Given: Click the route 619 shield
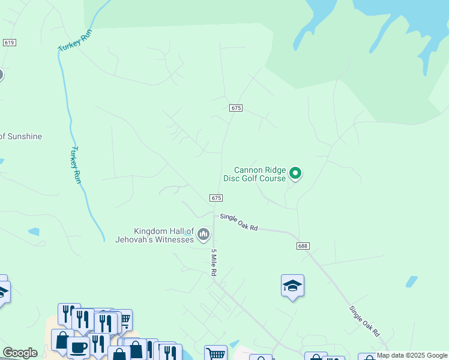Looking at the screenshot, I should click(x=9, y=43).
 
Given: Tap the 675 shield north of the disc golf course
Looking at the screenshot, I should click(x=235, y=108).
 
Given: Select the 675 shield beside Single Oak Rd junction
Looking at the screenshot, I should click(x=217, y=198).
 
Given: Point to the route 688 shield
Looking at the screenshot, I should click(x=303, y=246).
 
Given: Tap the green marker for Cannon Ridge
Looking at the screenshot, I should click(x=295, y=173).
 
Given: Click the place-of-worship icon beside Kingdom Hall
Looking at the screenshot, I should click(x=204, y=233).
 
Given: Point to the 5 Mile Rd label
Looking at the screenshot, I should click(x=213, y=262).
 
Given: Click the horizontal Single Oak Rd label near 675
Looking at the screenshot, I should click(x=238, y=223).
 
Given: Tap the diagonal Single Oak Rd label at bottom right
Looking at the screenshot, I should click(x=365, y=321).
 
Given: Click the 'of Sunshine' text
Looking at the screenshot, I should click(x=21, y=136).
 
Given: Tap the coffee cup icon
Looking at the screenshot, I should click(x=79, y=346).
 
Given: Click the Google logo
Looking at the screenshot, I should click(x=20, y=353).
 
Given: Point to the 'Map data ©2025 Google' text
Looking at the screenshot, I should click(x=412, y=355).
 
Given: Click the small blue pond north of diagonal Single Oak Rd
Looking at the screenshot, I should click(x=411, y=281).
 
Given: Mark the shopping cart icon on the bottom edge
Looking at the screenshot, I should click(x=215, y=353).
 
